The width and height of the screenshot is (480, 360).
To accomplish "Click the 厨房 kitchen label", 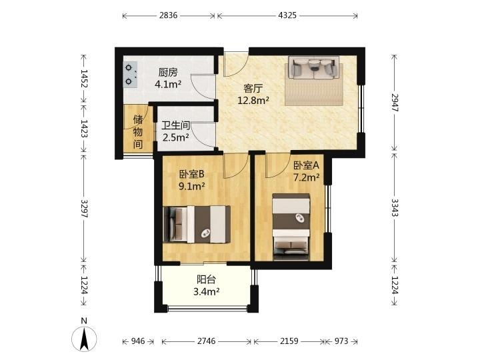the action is coord(168,73).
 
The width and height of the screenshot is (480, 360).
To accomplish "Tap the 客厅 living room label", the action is coord(253,89).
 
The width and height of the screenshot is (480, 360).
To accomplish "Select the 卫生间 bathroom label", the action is coord(176,125).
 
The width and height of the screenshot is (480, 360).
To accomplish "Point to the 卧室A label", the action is coord(307,165).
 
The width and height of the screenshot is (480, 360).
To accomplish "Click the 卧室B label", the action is coord(191,174).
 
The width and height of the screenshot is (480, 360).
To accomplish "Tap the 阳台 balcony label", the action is coord(206,279).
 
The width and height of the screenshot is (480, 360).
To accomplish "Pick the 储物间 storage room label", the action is coord(138,132).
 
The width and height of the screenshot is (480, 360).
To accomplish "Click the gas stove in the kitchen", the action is coord(131,75).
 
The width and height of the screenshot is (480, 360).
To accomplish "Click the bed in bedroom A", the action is coord(291,227).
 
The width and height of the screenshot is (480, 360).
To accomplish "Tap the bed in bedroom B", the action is coord(197,225).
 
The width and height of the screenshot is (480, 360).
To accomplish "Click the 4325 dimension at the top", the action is coord(287,15).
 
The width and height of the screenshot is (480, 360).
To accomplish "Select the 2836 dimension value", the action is coord(168,15).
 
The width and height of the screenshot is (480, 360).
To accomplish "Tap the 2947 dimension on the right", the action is coord(395,103).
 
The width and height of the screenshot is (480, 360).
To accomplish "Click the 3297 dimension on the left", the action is coord(84,209).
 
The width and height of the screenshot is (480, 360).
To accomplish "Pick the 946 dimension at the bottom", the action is coord(138,341).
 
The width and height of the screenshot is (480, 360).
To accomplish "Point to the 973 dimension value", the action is coord(341,341).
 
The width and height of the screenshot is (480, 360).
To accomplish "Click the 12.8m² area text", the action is coord(253,100).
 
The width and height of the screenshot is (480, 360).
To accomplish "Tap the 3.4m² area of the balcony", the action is coord(206,291).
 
